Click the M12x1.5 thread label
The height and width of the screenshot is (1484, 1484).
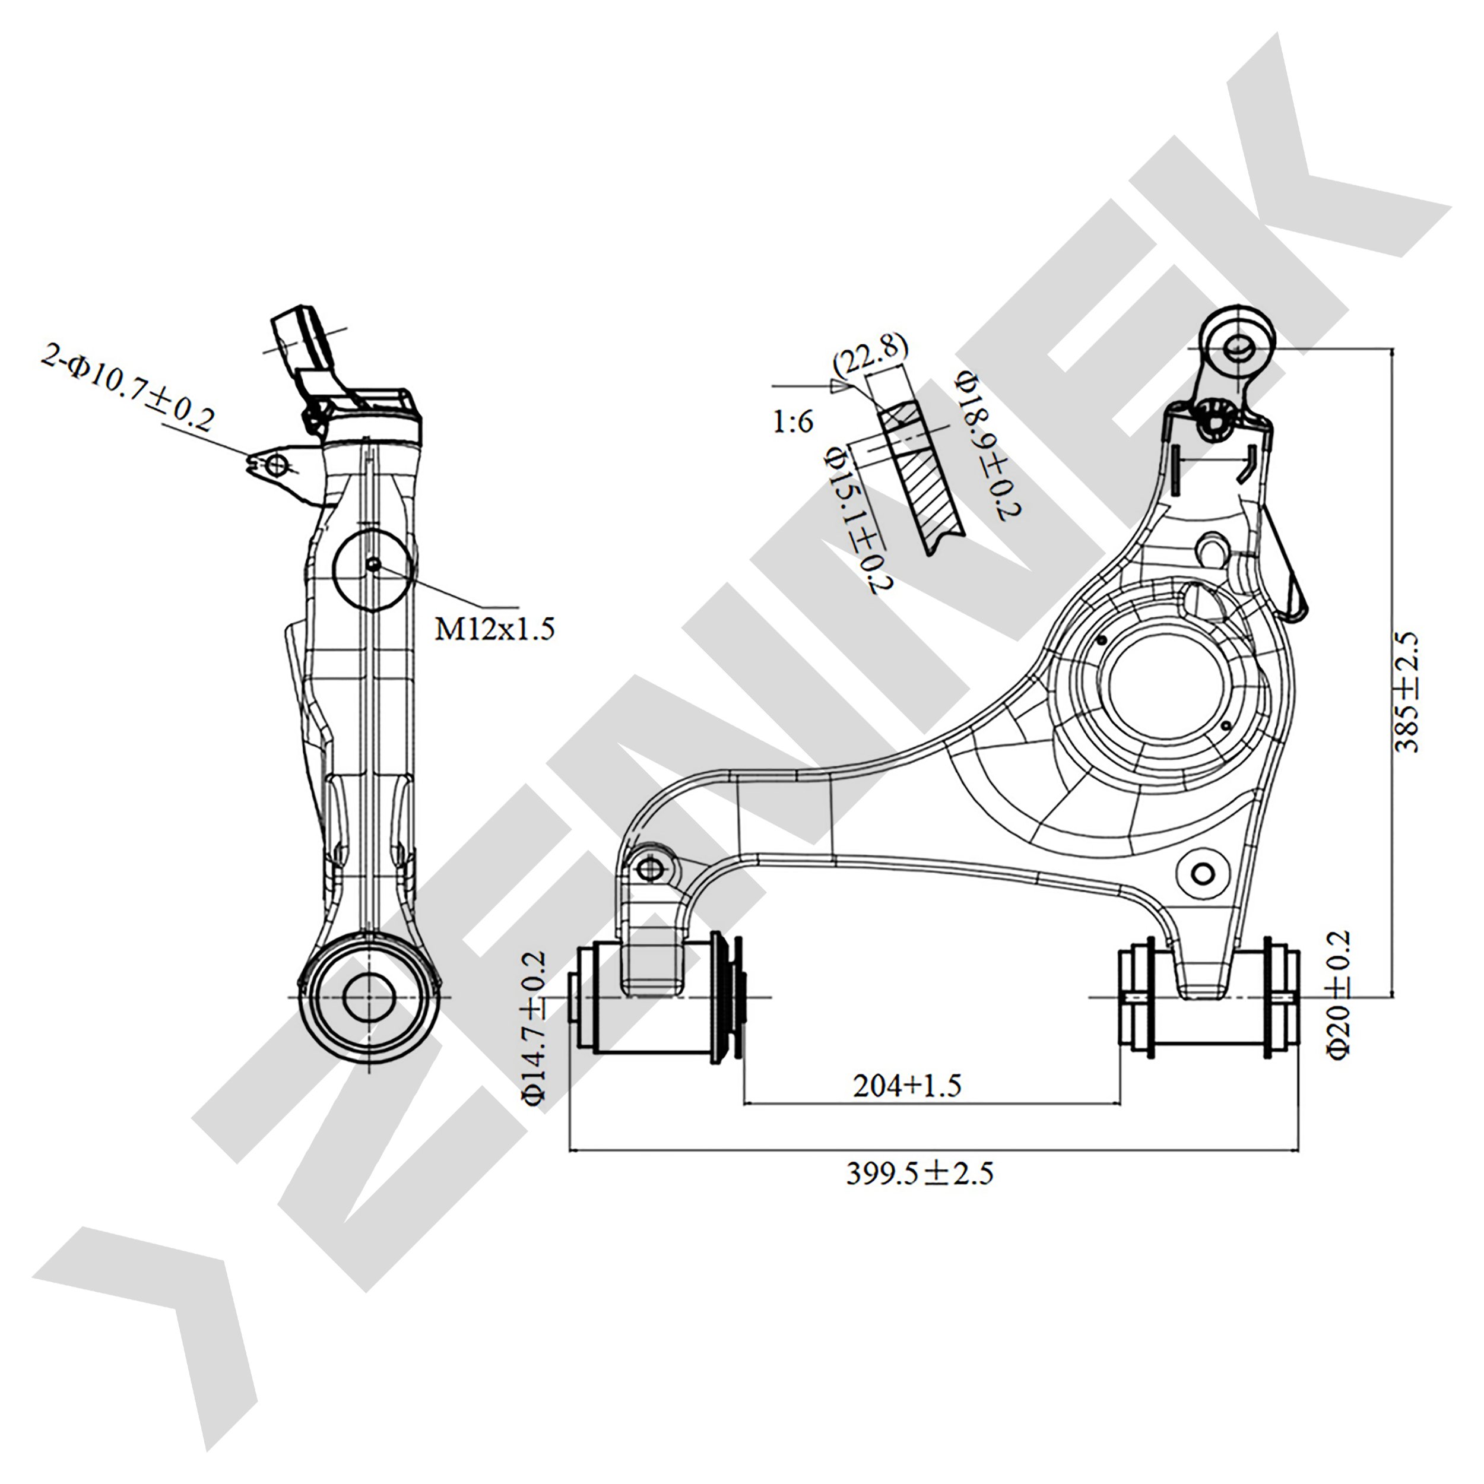494,629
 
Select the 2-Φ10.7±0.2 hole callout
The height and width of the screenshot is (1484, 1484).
128,389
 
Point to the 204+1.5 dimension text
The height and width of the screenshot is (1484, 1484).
906,1085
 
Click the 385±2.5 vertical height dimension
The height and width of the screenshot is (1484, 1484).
1407,692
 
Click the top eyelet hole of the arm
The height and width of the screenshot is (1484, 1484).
1238,348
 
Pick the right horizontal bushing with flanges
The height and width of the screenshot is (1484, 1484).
1209,998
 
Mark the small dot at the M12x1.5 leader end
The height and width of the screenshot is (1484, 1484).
373,565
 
